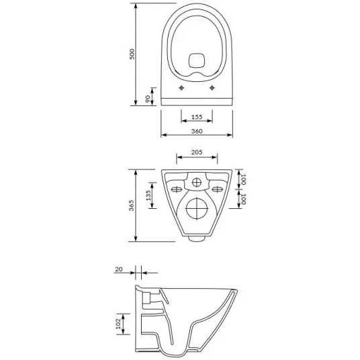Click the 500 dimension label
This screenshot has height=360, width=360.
click(x=132, y=54)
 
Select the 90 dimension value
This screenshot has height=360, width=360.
click(x=148, y=99)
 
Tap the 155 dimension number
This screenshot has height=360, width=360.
click(x=197, y=117)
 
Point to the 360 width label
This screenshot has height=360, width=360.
click(x=197, y=131)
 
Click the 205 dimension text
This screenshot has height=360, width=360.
click(x=197, y=152)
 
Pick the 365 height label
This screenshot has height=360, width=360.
click(x=131, y=206)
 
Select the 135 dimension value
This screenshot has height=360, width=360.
click(x=148, y=195)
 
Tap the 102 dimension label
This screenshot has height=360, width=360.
click(x=118, y=324)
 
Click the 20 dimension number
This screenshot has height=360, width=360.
click(x=119, y=269)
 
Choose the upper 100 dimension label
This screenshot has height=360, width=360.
click(x=243, y=179)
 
